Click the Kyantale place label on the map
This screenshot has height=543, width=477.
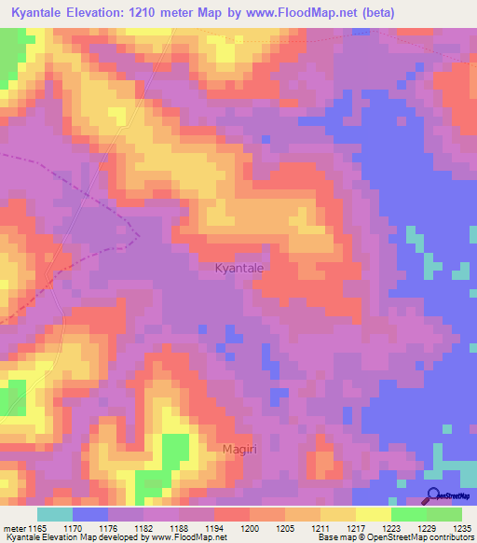click(x=239, y=268)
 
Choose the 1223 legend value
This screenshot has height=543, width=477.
click(x=390, y=529)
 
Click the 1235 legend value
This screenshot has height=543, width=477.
click(x=461, y=529)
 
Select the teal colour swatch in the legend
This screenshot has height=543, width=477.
click(x=55, y=514)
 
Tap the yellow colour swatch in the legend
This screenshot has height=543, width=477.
click(x=373, y=514)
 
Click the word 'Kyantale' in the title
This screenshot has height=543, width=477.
click(x=42, y=13)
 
